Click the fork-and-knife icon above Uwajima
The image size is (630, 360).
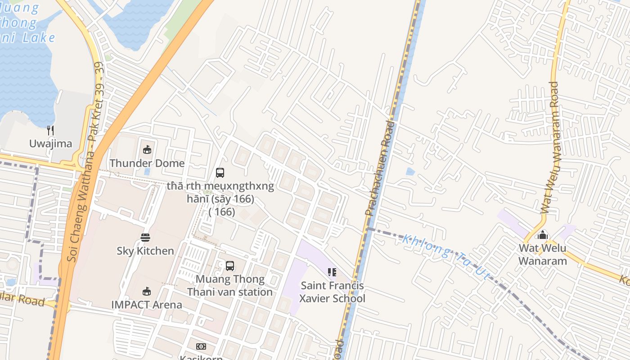tap(50, 130)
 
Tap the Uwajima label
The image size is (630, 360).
tap(50, 144)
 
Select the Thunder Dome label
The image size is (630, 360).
tap(147, 163)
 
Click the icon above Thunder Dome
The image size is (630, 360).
tap(147, 149)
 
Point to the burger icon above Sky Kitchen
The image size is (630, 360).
tap(145, 237)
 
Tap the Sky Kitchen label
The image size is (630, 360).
tap(145, 251)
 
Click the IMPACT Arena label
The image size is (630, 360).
tap(147, 305)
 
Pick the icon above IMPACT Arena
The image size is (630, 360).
tap(147, 291)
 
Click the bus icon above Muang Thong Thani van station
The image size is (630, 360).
tap(230, 265)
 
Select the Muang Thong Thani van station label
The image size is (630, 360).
tap(230, 286)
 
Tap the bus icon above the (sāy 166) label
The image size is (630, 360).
tap(220, 172)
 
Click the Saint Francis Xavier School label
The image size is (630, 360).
tap(332, 292)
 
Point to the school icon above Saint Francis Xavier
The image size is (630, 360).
tap(332, 272)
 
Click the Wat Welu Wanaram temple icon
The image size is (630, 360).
tap(543, 234)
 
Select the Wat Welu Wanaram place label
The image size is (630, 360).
tap(543, 254)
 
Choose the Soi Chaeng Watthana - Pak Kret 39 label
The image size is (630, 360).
tap(85, 162)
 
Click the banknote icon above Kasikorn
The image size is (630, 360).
tap(201, 346)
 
